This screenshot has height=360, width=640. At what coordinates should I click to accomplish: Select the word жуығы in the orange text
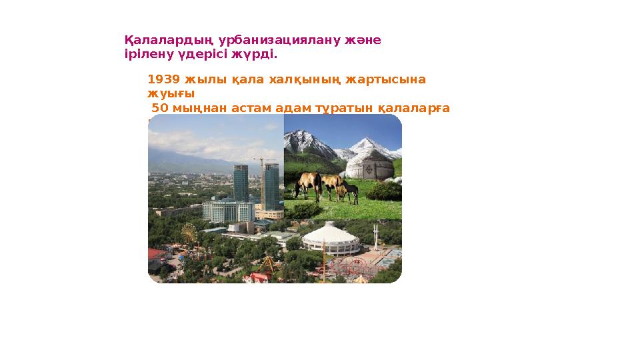(x=166, y=94)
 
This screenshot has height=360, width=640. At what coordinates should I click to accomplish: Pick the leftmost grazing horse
(x=307, y=183)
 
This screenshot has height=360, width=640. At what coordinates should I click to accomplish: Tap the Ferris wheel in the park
(x=189, y=233)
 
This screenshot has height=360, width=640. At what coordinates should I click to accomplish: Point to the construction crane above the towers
(x=264, y=161)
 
